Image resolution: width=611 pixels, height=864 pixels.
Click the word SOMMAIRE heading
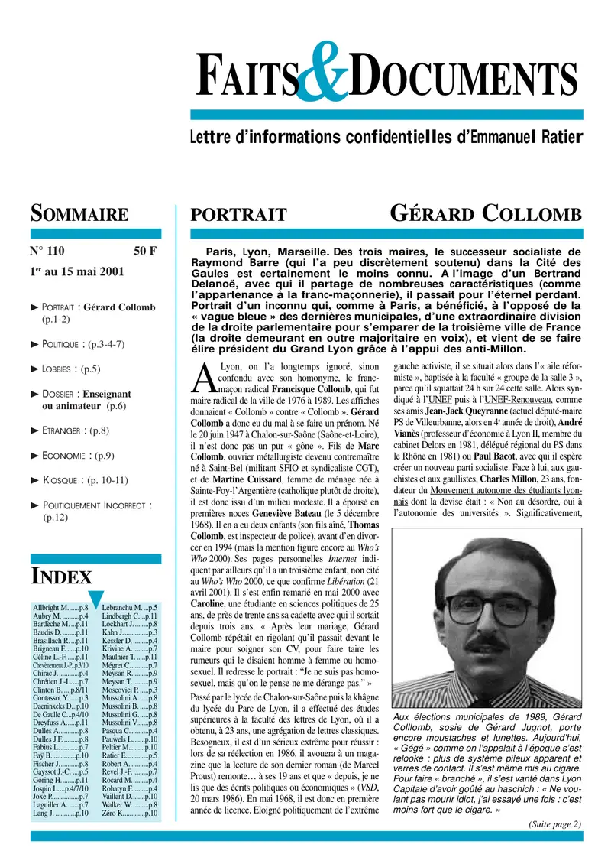point(79,213)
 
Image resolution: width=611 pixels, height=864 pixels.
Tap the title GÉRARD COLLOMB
point(486,213)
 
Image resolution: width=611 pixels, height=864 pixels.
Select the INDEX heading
point(60,576)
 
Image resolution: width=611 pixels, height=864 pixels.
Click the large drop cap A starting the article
point(202,376)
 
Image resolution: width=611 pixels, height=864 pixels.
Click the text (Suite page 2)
point(554,823)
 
